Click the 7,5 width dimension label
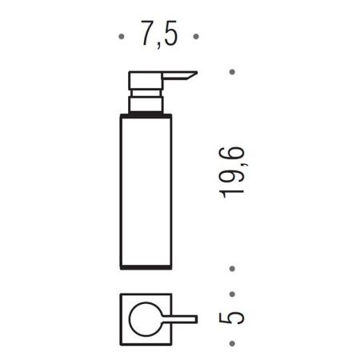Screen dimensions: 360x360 158,35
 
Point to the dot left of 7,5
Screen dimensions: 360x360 121,37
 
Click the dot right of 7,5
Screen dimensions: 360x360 194,37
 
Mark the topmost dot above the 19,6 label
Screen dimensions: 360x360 232,72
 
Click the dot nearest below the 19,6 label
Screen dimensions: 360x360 232,270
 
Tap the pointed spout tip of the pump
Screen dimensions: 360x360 194,74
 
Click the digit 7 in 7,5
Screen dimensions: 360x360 146,35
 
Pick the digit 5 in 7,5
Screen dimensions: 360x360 169,35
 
